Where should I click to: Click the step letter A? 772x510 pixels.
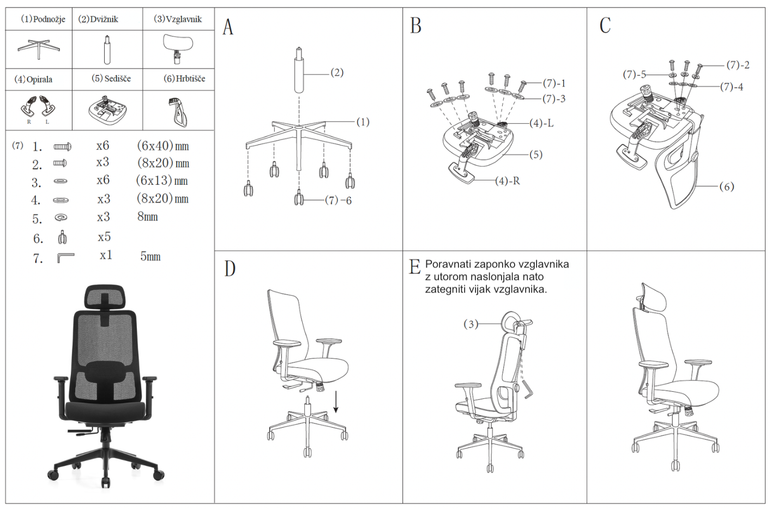pos(228,27)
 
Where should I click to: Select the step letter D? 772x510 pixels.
pos(230,269)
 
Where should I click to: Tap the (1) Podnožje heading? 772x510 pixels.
pos(43,19)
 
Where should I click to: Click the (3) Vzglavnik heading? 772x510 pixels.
pos(178,19)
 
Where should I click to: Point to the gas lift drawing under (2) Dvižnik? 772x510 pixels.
pos(107,50)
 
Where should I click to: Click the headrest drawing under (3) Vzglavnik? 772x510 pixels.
pos(178,47)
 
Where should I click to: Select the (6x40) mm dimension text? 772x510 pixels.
pos(162,146)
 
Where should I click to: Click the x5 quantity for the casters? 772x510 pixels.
pos(104,237)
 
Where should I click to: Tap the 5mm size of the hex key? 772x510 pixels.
pos(150,256)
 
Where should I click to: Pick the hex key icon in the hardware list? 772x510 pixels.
pos(65,257)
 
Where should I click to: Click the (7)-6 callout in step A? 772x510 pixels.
pos(338,201)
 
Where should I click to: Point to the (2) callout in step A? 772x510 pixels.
pos(337,72)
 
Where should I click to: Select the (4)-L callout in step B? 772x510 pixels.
pos(541,123)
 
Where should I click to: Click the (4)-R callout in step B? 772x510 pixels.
pos(508,181)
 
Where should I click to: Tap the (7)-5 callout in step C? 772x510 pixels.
pos(635,74)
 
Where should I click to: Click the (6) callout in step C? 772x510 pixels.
pos(726,186)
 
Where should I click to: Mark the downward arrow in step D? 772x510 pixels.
pos(336,402)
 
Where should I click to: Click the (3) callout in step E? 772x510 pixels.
pos(471,324)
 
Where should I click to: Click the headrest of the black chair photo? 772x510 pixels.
pos(105,297)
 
